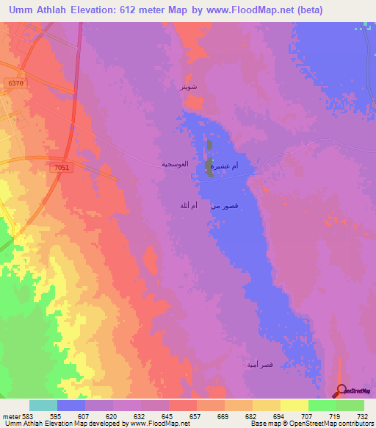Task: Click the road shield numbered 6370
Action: click(x=15, y=85)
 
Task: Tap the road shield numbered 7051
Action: click(x=62, y=168)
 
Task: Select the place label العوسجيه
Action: click(x=176, y=165)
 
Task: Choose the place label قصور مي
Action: click(x=224, y=207)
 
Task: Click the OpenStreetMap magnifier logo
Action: click(x=341, y=390)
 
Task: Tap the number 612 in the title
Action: click(x=127, y=10)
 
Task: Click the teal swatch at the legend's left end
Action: click(x=43, y=405)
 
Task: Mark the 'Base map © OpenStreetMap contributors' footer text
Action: click(x=311, y=424)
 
